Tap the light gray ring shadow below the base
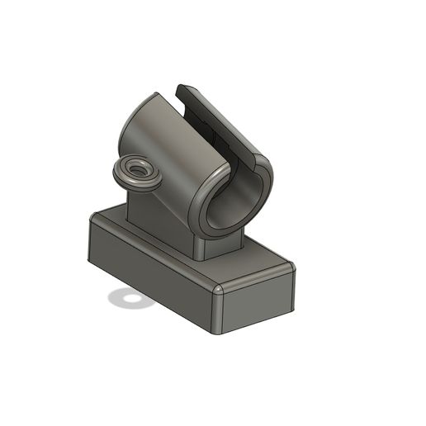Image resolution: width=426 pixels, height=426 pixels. [119, 299]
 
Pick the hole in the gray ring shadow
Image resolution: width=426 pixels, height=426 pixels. [128, 298]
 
